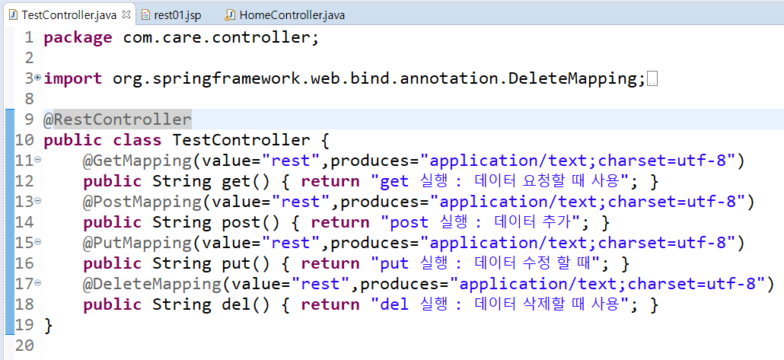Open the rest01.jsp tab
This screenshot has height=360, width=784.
(x=176, y=14)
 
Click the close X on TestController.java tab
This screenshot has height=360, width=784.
(x=126, y=14)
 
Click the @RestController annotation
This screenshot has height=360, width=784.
(x=117, y=119)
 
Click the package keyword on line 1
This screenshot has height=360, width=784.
(x=78, y=37)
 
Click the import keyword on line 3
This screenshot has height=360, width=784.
(x=73, y=78)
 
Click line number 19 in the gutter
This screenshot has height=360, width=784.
(x=24, y=325)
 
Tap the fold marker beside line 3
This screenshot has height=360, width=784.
(x=37, y=78)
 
